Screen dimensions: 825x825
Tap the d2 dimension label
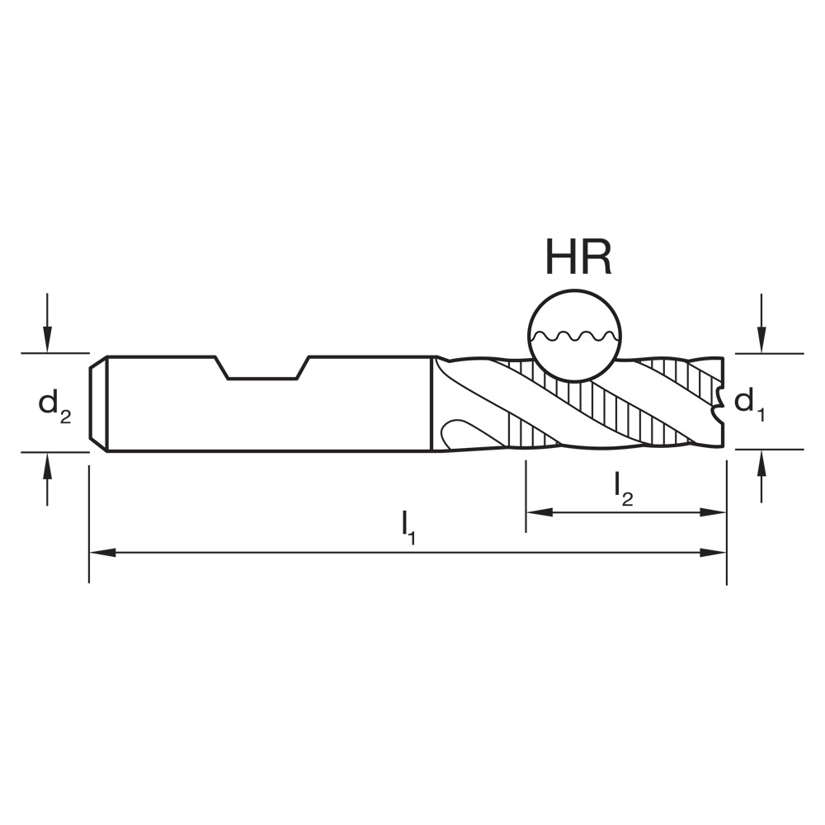(x=54, y=404)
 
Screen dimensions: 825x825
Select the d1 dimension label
(x=750, y=403)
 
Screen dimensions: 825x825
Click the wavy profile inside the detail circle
(x=575, y=337)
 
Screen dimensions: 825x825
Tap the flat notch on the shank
(x=262, y=377)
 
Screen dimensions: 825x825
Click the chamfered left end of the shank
(x=98, y=403)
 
